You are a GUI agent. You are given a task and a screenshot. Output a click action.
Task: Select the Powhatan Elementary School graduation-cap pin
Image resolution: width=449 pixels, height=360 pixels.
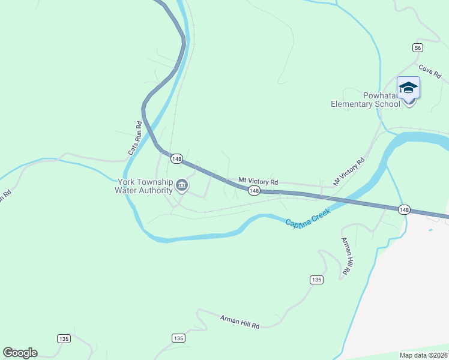pos(408,89)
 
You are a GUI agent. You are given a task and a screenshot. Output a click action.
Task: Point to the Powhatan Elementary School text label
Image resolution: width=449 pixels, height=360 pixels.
pos(365,100)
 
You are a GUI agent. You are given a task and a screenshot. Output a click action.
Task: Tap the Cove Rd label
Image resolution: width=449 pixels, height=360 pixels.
pos(430,71)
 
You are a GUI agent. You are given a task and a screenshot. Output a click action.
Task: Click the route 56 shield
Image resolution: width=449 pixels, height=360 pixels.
pos(418,48)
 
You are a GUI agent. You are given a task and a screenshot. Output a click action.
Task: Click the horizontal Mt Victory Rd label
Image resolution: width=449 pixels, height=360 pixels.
pos(258,181)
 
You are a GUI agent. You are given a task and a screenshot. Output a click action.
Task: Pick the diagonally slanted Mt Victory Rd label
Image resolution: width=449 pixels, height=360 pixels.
pos(349,171)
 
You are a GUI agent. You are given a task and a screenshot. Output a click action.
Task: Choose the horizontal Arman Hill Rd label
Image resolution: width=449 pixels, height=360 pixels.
pos(240,322)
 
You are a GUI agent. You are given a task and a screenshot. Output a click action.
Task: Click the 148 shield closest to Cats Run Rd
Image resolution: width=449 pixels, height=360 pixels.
pos(176,158)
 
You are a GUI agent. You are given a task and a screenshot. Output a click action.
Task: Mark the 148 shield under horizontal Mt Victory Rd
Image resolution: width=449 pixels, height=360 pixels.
pos(254,191)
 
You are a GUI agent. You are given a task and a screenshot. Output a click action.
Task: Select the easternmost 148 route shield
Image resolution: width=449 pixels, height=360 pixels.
pos(404,209)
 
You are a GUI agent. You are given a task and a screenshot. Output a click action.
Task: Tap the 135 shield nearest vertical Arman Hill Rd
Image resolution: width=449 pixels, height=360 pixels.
pos(317,280)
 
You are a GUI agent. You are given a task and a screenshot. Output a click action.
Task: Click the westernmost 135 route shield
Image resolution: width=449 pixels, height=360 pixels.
pos(64,338)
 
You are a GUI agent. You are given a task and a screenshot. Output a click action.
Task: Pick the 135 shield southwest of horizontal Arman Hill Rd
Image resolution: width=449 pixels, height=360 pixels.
pos(178,338)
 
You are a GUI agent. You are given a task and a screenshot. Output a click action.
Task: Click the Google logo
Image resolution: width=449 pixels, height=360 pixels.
pos(20,353)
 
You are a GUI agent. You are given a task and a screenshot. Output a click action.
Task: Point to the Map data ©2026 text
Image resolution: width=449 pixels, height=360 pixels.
pos(424,355)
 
